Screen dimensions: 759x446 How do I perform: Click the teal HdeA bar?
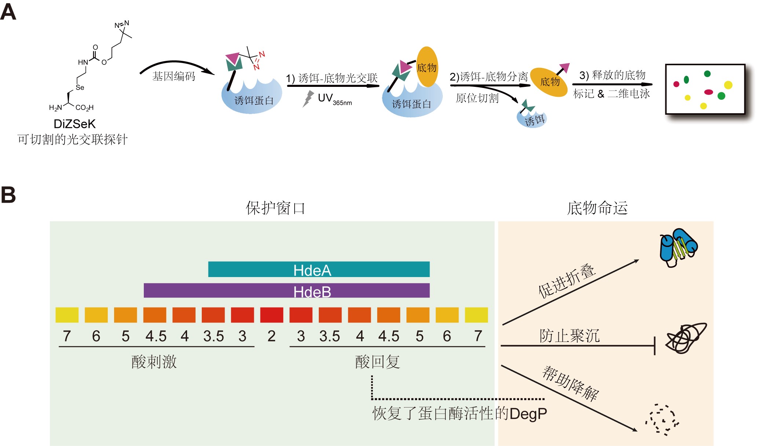click(319, 269)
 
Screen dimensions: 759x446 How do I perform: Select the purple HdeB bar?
click(287, 291)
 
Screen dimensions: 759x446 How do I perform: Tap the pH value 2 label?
click(271, 336)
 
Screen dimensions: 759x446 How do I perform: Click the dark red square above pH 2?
click(271, 315)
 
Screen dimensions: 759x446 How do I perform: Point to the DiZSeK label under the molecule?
click(74, 124)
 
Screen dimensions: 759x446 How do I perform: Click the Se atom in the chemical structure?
click(80, 88)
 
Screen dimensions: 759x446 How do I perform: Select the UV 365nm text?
click(335, 99)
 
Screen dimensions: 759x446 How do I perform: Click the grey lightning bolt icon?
click(308, 99)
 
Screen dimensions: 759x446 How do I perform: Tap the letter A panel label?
click(8, 12)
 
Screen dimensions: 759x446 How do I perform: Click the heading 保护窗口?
click(275, 208)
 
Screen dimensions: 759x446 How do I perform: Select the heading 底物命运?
click(597, 208)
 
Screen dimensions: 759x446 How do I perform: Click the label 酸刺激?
click(154, 362)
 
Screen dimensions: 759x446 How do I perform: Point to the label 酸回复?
click(377, 362)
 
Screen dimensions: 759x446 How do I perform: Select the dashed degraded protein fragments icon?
click(662, 420)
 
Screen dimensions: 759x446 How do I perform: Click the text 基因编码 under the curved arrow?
click(174, 76)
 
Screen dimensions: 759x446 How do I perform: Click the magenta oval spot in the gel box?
click(708, 92)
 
